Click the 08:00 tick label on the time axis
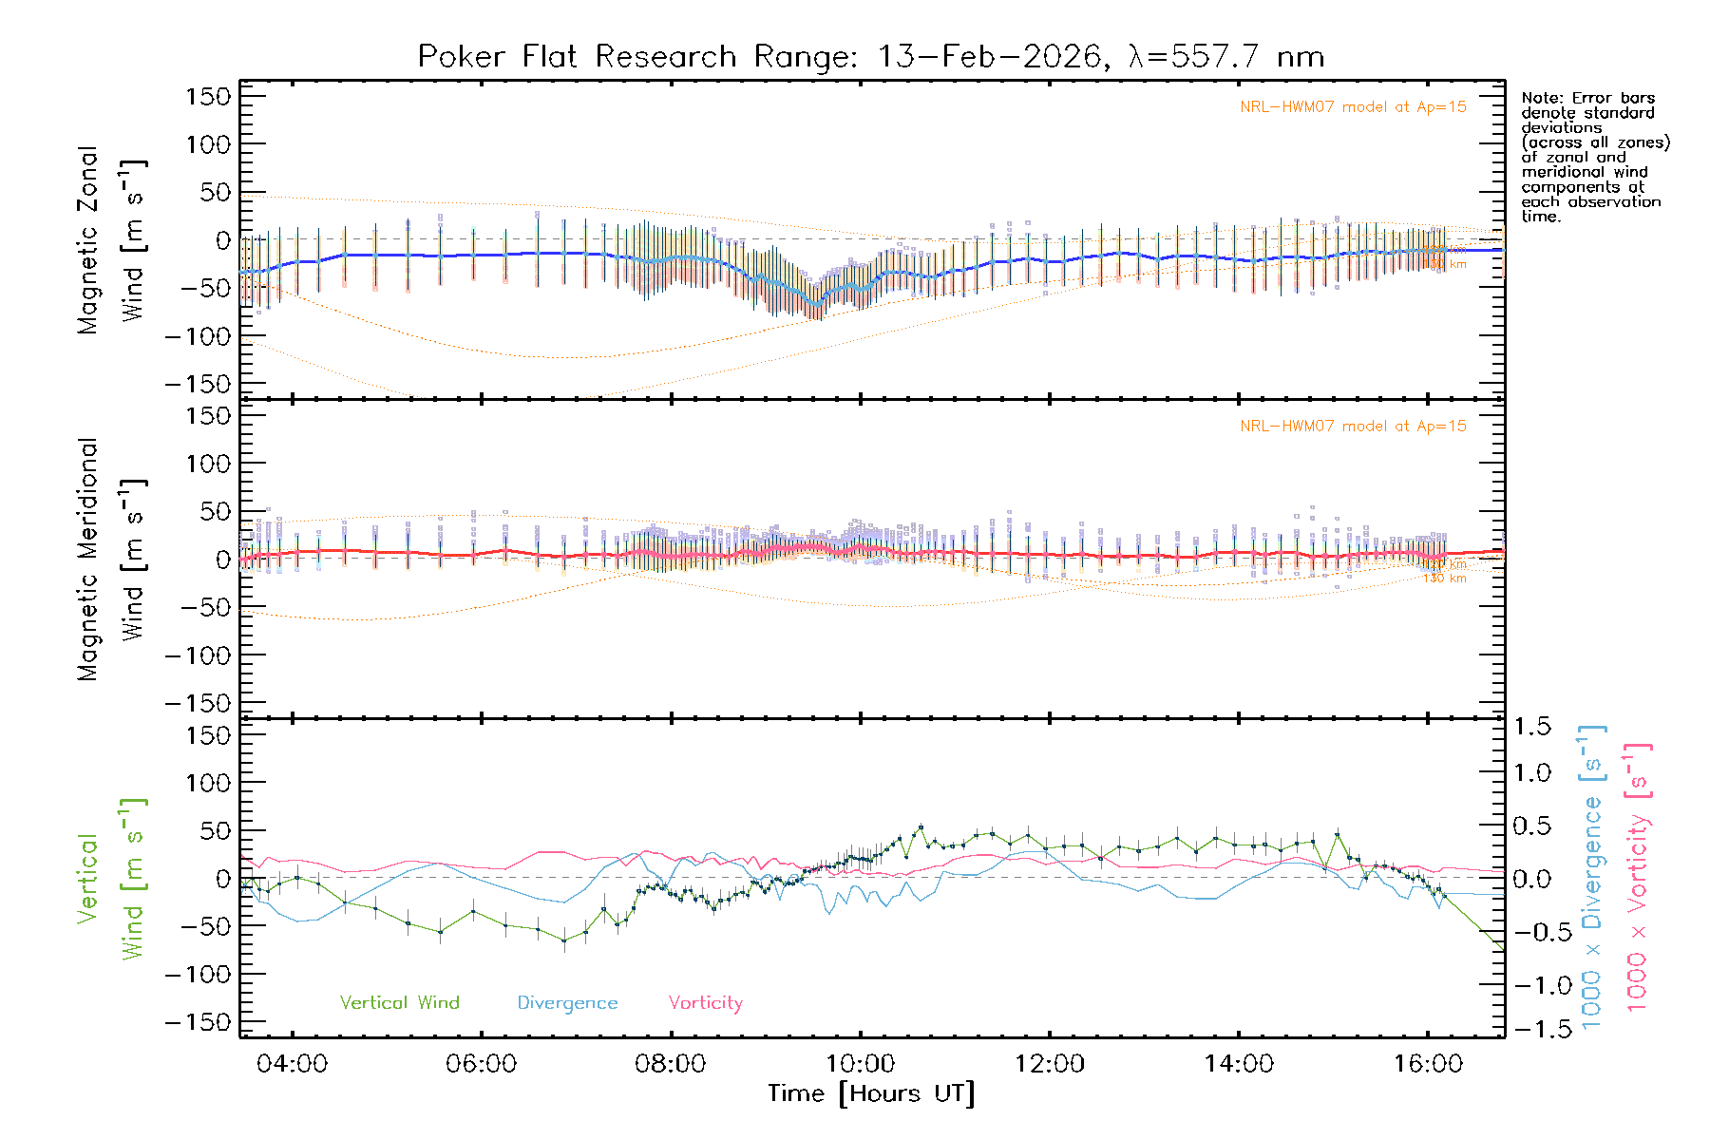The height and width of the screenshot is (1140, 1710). pyautogui.click(x=671, y=1064)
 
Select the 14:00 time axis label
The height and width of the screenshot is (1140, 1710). pyautogui.click(x=1239, y=1064)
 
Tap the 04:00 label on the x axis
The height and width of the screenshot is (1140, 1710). pyautogui.click(x=292, y=1064)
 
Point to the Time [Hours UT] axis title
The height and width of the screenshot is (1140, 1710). pyautogui.click(x=871, y=1094)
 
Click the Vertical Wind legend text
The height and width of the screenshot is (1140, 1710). pyautogui.click(x=399, y=1003)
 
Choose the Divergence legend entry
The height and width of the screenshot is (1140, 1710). pyautogui.click(x=567, y=1003)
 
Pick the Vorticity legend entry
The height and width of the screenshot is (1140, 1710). pyautogui.click(x=705, y=1003)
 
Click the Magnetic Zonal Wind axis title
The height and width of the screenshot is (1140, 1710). pyautogui.click(x=111, y=240)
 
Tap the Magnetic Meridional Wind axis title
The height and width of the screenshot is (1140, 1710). pyautogui.click(x=111, y=560)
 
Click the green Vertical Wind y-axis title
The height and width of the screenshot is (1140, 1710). pyautogui.click(x=111, y=879)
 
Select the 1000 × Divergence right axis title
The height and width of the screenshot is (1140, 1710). pyautogui.click(x=1592, y=877)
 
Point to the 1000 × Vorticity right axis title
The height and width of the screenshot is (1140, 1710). pyautogui.click(x=1637, y=877)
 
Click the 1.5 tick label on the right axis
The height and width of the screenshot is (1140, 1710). pyautogui.click(x=1531, y=727)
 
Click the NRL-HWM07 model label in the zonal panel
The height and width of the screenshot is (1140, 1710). pyautogui.click(x=1353, y=107)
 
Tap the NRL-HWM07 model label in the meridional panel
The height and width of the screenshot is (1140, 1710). pyautogui.click(x=1353, y=427)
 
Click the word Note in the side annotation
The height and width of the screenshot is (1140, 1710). pyautogui.click(x=1539, y=98)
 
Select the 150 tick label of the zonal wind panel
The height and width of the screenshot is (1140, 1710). pyautogui.click(x=208, y=96)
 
